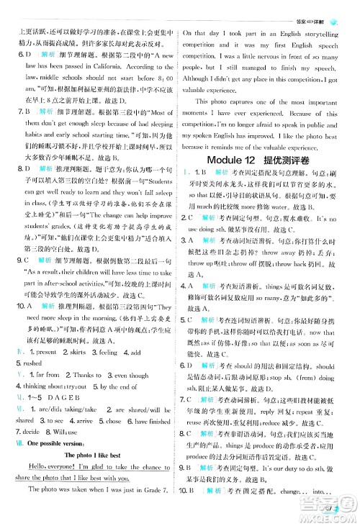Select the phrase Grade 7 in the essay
pos(160,511)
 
